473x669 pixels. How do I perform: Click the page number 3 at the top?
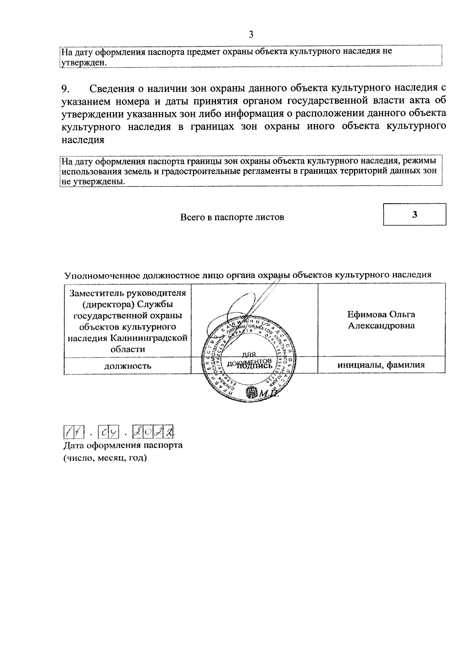point(251,35)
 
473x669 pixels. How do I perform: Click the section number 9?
point(66,88)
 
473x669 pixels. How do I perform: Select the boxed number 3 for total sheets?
point(414,214)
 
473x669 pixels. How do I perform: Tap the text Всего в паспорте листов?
point(232,217)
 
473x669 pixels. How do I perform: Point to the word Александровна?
point(381,326)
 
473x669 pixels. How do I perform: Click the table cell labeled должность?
point(127,366)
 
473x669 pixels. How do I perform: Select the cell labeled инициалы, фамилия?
point(381,365)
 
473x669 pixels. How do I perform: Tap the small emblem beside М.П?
point(251,392)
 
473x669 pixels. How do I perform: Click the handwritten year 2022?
point(154,432)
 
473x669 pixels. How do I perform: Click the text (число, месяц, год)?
point(105,459)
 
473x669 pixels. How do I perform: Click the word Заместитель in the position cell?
point(98,294)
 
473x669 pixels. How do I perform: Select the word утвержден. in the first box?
point(83,63)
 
